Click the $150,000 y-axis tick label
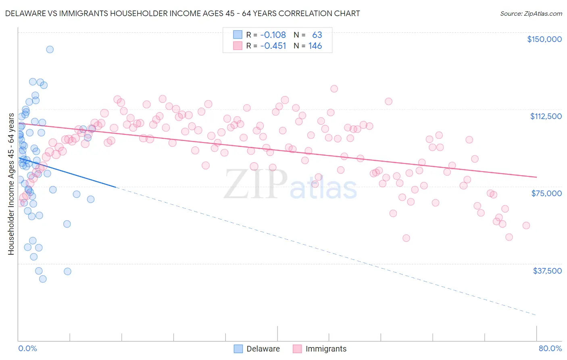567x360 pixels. (x=544, y=39)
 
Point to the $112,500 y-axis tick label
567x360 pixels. (x=546, y=116)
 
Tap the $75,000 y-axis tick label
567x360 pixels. (x=546, y=193)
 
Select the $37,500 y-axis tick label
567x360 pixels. (x=547, y=271)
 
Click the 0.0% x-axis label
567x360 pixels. (x=27, y=348)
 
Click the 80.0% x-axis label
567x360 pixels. (x=550, y=348)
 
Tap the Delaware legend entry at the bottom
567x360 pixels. (x=257, y=349)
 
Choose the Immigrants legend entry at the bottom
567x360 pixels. (x=320, y=349)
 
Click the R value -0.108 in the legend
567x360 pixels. (x=273, y=35)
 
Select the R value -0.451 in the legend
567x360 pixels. (x=273, y=46)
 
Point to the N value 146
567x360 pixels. (x=315, y=46)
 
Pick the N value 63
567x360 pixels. (x=317, y=35)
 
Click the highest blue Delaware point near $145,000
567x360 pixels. (x=50, y=49)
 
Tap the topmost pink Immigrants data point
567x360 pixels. (x=334, y=89)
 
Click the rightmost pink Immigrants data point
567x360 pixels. (x=526, y=226)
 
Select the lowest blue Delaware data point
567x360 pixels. (x=43, y=279)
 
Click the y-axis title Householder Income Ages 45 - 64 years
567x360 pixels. (x=11, y=184)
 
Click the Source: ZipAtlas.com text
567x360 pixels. (x=531, y=14)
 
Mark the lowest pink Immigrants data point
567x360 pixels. (x=406, y=238)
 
